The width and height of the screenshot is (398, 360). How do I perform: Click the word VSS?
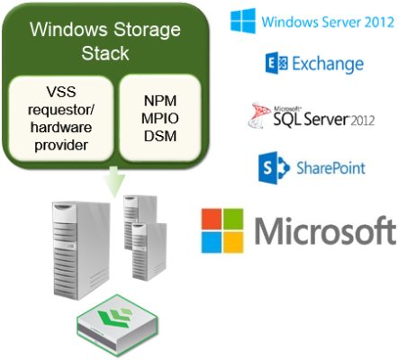point(60,91)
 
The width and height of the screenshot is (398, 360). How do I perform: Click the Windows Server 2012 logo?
point(312,20)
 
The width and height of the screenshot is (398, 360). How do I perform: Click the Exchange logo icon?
point(277,64)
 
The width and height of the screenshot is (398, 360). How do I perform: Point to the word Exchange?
point(329,64)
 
